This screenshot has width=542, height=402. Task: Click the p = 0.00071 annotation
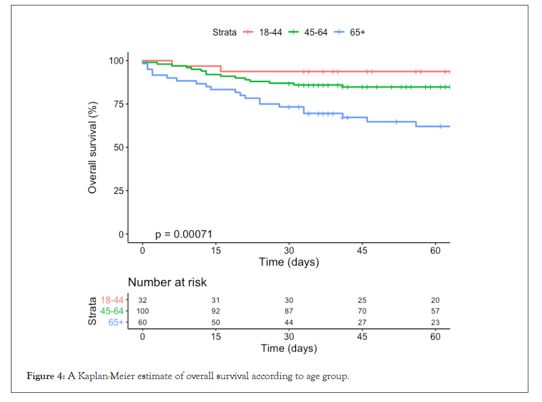point(184,234)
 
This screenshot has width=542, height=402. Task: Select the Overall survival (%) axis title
point(93,147)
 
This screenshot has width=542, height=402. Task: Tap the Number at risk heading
point(167,282)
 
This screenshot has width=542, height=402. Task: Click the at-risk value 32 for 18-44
point(142,300)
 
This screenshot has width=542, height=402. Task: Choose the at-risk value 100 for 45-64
point(142,311)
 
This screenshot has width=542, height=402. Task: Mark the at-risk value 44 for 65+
point(288,322)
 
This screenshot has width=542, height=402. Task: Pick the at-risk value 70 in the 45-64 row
point(362,311)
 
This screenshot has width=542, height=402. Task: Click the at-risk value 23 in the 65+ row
point(435,322)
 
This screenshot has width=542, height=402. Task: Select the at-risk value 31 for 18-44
point(215,300)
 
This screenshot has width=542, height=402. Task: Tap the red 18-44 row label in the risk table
point(112,300)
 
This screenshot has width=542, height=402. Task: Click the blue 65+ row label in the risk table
point(116,322)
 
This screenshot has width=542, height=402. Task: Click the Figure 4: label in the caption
point(46,376)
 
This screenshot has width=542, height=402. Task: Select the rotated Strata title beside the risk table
point(93,311)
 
